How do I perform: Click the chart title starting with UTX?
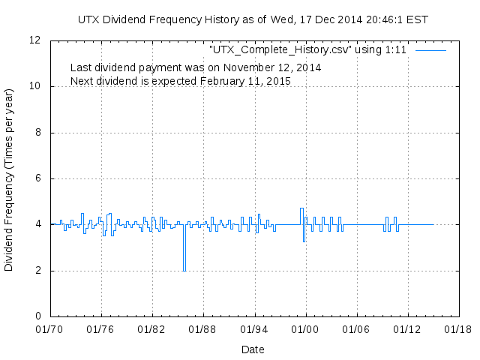(x=253, y=19)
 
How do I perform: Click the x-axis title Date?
(x=253, y=349)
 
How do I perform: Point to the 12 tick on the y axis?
(x=36, y=40)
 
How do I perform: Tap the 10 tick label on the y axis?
(x=36, y=86)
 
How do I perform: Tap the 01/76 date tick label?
(x=100, y=328)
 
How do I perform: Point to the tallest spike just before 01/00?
(x=301, y=209)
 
